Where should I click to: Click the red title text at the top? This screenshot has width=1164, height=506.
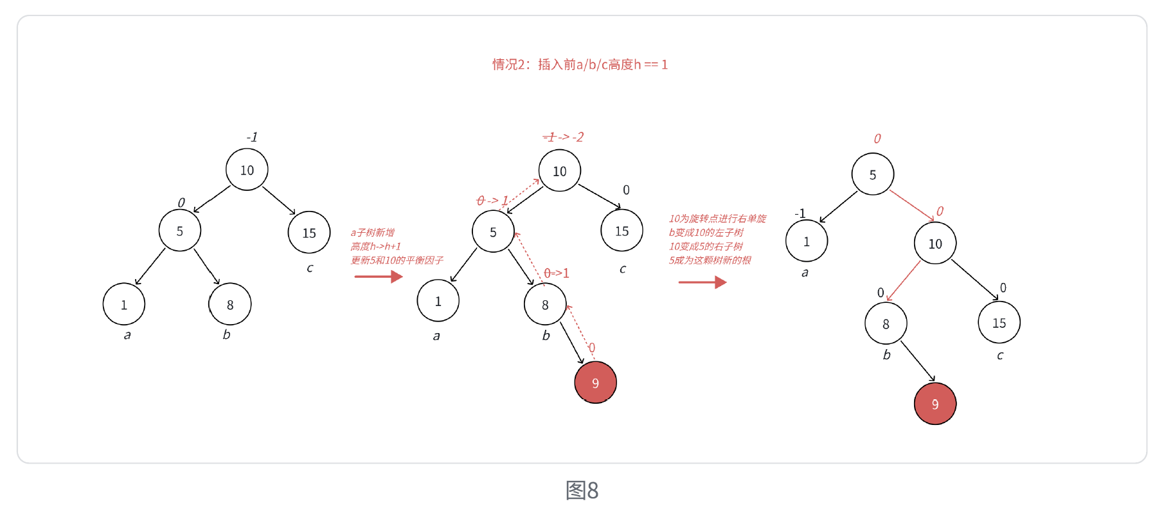tap(580, 64)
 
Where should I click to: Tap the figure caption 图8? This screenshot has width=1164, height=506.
tap(582, 490)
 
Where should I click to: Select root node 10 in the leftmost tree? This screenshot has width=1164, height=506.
tap(247, 170)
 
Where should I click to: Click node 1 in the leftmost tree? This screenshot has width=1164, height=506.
tap(124, 304)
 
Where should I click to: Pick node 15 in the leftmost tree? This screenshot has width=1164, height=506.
tap(309, 233)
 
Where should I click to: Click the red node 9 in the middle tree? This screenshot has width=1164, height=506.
tap(595, 383)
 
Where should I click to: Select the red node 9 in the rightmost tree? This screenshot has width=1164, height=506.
tap(935, 404)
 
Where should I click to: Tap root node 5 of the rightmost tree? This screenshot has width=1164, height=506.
tap(872, 174)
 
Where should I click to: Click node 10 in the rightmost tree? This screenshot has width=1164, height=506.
tap(935, 244)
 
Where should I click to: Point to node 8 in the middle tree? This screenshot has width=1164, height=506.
tap(545, 305)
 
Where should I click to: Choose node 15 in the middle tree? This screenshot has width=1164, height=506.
tap(622, 231)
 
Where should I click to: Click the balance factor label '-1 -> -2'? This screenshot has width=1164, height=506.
tap(563, 137)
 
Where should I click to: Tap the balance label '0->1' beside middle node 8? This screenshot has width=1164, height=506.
tap(557, 273)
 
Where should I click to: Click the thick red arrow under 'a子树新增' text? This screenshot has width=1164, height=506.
tap(378, 276)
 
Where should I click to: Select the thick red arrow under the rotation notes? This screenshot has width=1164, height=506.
tap(702, 282)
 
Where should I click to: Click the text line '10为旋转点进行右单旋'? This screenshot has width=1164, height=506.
tap(717, 219)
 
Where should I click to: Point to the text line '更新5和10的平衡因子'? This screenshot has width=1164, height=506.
tap(397, 260)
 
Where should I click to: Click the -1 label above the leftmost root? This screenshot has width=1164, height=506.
tap(252, 137)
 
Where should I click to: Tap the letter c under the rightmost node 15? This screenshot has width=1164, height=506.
tap(999, 356)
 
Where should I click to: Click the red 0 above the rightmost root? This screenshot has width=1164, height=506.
tap(877, 138)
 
